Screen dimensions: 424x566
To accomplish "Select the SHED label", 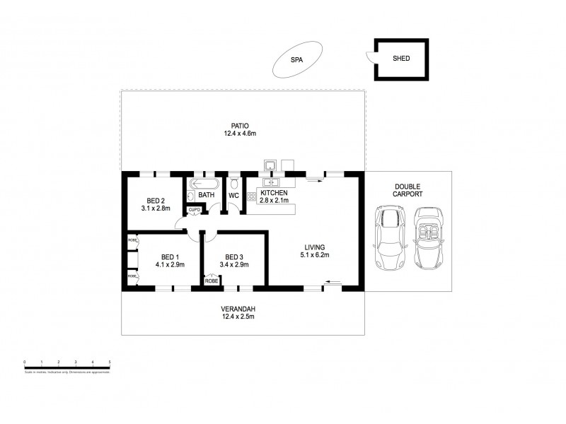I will [401, 59].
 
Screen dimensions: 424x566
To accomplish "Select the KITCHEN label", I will [274, 193].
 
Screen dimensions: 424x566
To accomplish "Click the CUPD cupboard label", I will [195, 210].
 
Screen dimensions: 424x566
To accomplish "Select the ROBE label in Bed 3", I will [212, 281].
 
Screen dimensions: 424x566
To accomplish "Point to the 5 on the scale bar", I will [110, 362].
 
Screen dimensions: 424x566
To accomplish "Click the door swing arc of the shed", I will [369, 58].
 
